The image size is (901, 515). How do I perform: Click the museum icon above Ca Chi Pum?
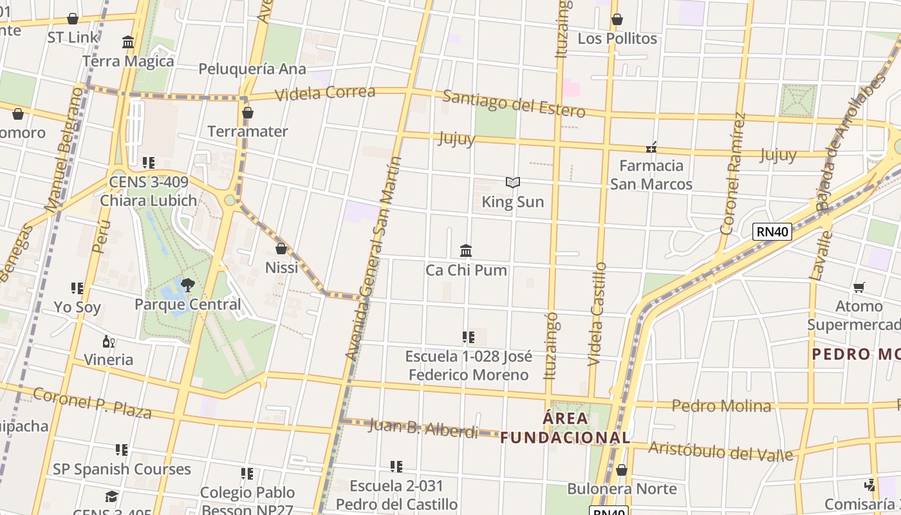(x=466, y=250)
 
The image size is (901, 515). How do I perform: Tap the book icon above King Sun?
(x=513, y=183)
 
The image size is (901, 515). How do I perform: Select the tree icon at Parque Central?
(x=187, y=285)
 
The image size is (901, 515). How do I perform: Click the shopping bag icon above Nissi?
(x=281, y=248)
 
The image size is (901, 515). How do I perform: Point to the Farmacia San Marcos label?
(x=651, y=174)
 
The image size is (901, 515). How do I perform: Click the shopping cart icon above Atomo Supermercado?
(x=859, y=287)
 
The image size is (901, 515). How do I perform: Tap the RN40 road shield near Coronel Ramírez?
(x=772, y=232)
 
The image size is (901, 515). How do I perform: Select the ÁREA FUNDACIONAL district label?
(x=565, y=428)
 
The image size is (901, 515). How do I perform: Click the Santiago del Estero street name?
(x=514, y=104)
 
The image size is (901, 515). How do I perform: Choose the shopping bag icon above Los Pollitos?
(x=617, y=19)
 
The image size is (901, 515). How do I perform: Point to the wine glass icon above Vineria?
(x=109, y=341)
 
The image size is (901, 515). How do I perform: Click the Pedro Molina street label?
(x=721, y=406)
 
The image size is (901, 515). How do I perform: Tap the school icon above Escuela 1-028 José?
(x=469, y=337)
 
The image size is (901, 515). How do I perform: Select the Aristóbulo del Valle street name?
(x=720, y=451)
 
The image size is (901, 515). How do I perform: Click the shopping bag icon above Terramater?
(x=247, y=113)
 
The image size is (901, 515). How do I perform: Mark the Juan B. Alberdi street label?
(x=423, y=428)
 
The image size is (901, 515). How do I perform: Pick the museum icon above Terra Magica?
(x=128, y=42)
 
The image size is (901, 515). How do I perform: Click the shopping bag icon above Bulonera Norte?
(x=621, y=470)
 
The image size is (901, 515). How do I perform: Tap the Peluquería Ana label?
(x=252, y=69)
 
